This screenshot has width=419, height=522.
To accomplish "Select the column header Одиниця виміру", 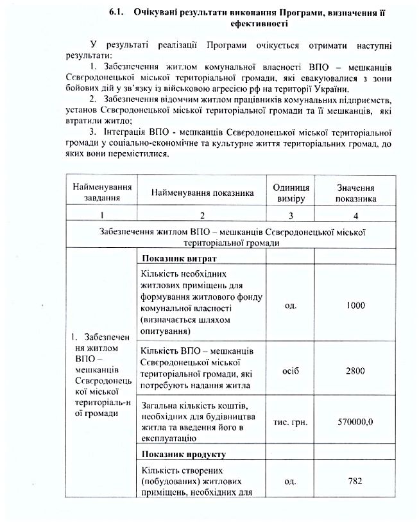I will pyautogui.click(x=291, y=193).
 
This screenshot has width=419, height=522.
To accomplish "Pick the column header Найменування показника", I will pyautogui.click(x=202, y=192).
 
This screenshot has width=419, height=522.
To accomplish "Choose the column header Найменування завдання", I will pyautogui.click(x=102, y=192).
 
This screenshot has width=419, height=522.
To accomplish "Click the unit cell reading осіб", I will pyautogui.click(x=291, y=371).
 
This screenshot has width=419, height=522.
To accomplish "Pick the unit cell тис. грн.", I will pyautogui.click(x=291, y=422).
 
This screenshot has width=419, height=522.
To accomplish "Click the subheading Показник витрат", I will pyautogui.click(x=180, y=258).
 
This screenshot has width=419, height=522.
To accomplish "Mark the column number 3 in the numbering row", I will pyautogui.click(x=291, y=215).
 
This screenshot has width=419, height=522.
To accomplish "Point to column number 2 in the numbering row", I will pyautogui.click(x=202, y=215).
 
